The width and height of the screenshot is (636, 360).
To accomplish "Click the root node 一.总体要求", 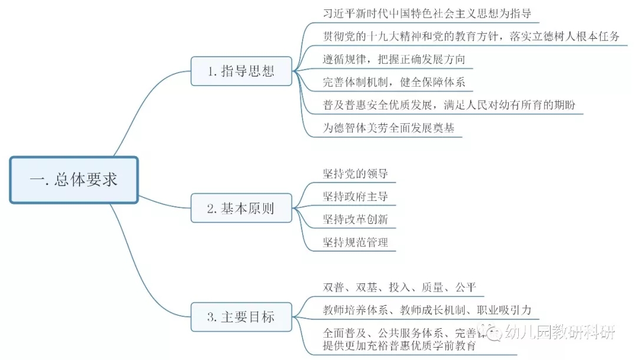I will pos(74,180).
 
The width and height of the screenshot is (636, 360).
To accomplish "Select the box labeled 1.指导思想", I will pos(241,71).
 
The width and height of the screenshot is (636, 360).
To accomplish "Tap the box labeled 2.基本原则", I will pos(241,208).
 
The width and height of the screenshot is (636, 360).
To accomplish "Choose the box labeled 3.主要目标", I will pos(241,316).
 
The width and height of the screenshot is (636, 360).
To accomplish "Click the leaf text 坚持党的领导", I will pos(355,174).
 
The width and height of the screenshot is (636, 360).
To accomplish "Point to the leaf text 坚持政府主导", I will pos(355,196).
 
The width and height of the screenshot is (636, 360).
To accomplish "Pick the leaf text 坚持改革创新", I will pos(355,219).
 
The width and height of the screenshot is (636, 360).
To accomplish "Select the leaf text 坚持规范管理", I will pos(355,242).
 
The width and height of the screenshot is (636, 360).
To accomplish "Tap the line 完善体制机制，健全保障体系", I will pos(394,82).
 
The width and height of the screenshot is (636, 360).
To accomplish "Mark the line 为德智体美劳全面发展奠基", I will pos(389,128).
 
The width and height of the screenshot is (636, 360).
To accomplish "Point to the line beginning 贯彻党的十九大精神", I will pos(471,36).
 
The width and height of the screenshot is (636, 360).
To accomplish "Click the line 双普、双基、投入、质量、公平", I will pos(399,288).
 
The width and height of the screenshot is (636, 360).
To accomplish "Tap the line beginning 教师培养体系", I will pos(427,310).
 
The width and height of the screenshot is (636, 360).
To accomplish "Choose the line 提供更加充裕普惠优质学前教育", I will pos(399,346).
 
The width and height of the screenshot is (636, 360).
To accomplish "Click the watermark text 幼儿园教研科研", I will pos(562,332).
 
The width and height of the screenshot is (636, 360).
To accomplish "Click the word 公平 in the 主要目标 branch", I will pos(465,288).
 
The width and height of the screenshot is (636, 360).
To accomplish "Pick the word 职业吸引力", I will pos(505,310).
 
